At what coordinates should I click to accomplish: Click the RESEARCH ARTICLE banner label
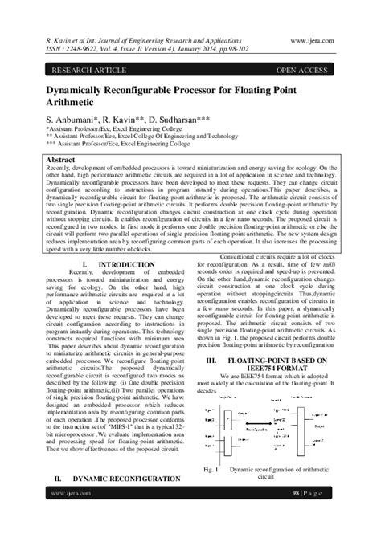pyautogui.click(x=76, y=70)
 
